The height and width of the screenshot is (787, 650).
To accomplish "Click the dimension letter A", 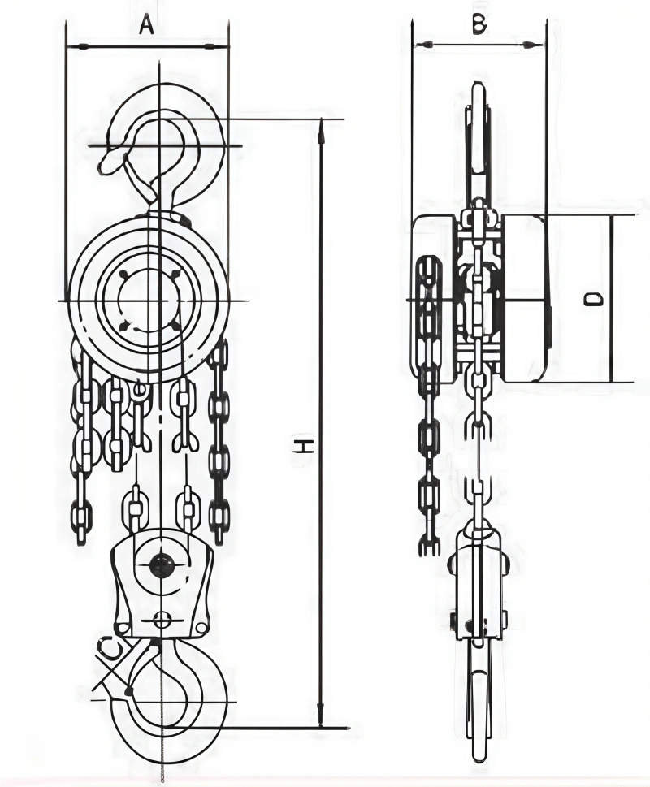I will click(146, 25).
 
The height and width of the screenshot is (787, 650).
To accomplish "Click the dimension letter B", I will click(479, 24).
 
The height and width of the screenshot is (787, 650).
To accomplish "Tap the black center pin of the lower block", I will click(160, 565).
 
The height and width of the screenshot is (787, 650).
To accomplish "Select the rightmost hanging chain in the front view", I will click(219, 439).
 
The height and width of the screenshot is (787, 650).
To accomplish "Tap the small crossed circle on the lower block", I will click(160, 621).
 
